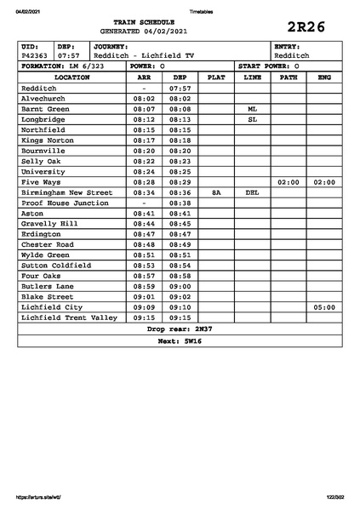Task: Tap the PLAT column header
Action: coord(216,77)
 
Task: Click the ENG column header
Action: coord(323,77)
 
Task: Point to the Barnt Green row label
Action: coord(45,109)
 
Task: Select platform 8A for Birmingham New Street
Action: coord(216,192)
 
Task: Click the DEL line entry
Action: coord(252,192)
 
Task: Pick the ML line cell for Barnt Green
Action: coord(252,109)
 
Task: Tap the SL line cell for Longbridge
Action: coord(252,119)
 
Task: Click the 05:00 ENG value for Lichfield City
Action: coord(323,306)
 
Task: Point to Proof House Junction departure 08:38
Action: coord(180,203)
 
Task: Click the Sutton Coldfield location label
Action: coord(56,265)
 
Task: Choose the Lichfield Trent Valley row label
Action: coord(68,317)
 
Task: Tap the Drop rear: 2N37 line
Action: coord(180,329)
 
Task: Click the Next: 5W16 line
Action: coord(180,340)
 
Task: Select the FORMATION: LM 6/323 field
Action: coord(63,66)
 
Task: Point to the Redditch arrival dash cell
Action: coord(144,88)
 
